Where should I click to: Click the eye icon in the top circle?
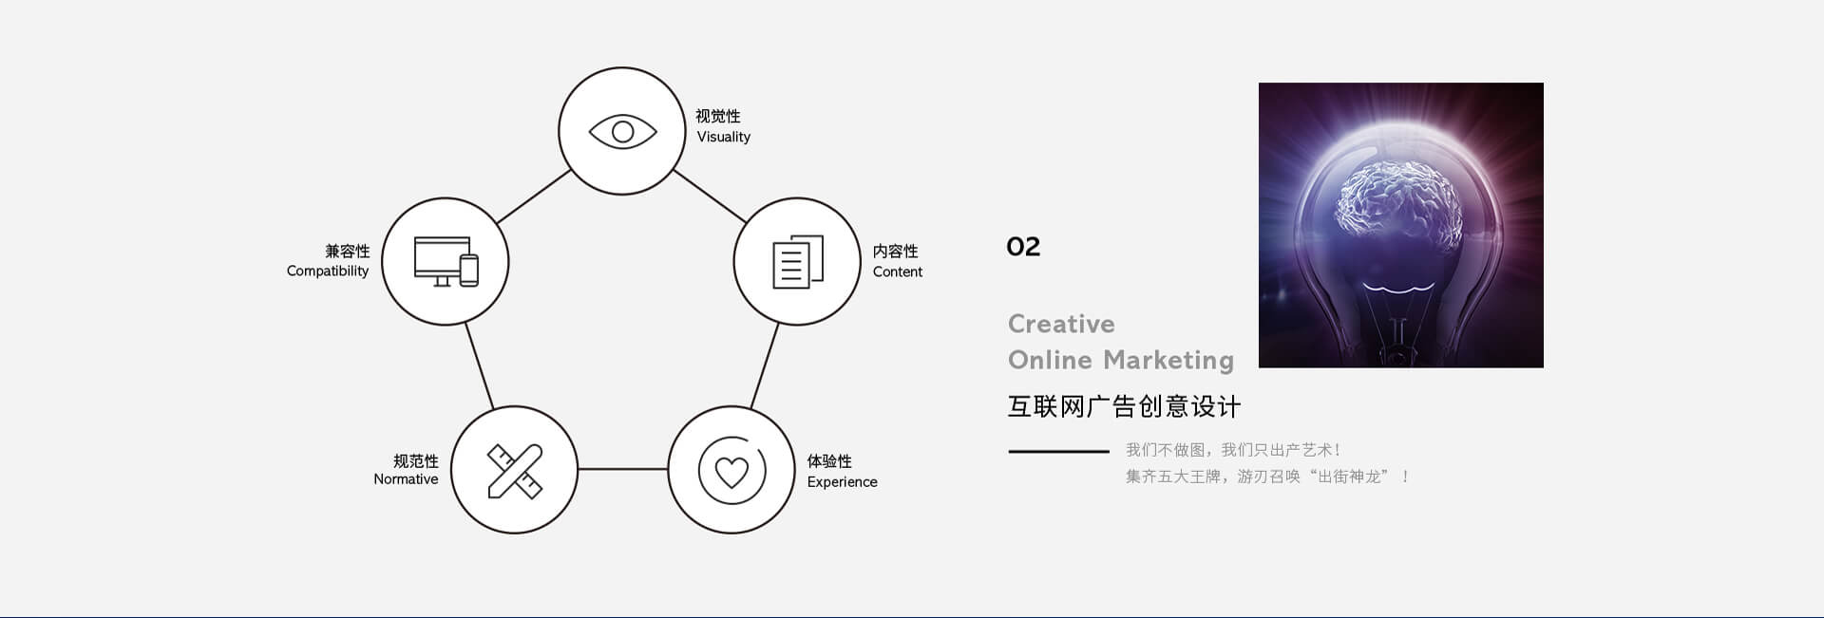(x=622, y=131)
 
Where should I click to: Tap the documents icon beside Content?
(x=798, y=261)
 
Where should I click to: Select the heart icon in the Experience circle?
(x=731, y=470)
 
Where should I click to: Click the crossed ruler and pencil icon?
(x=515, y=471)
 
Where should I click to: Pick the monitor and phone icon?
(x=446, y=261)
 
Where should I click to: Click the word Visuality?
(x=724, y=137)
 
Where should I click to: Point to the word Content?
(x=898, y=272)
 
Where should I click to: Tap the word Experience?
(x=843, y=482)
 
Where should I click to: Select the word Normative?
(x=406, y=479)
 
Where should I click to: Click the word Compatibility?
(x=328, y=272)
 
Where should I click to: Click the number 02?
(x=1023, y=247)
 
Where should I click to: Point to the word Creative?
(x=1061, y=324)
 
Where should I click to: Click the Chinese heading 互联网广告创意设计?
(x=1124, y=406)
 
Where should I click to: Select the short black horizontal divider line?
(x=1058, y=451)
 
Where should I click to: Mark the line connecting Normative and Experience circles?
(x=623, y=469)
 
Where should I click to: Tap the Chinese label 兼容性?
(x=348, y=252)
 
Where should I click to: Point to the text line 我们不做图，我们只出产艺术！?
(x=1234, y=450)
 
